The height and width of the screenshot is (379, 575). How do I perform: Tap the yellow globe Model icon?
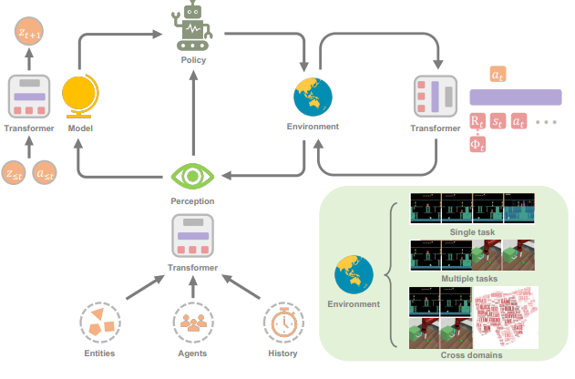pos(79,97)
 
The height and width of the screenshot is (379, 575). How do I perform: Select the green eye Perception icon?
pos(192,175)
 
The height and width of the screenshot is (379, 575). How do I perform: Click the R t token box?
pos(477,120)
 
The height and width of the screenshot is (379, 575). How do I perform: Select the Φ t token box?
pos(477,144)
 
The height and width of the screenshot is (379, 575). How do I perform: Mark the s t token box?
pos(498,120)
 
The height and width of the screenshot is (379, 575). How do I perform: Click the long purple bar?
pos(515,97)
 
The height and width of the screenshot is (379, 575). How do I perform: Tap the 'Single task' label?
pos(469,231)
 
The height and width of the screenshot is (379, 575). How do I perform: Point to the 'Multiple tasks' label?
pos(469,279)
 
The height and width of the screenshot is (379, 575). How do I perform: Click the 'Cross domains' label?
pos(469,355)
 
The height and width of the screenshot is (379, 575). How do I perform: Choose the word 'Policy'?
pos(192,61)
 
